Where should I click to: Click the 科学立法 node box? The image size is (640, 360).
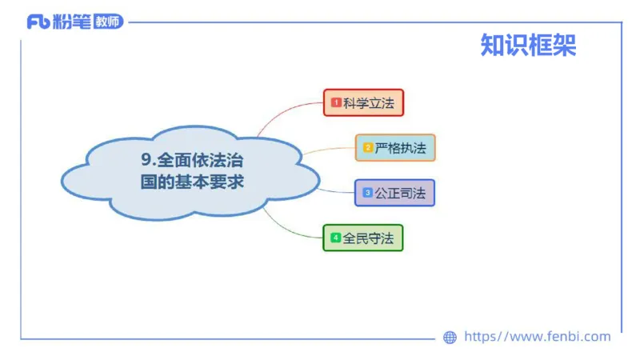pyautogui.click(x=363, y=102)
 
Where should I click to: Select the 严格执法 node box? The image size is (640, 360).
pyautogui.click(x=395, y=148)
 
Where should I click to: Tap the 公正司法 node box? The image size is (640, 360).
pyautogui.click(x=394, y=193)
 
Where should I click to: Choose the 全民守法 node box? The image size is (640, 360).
pyautogui.click(x=362, y=238)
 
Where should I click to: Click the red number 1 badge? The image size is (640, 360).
pyautogui.click(x=336, y=102)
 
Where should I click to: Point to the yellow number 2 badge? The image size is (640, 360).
pyautogui.click(x=368, y=148)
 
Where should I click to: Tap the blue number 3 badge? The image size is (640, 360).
pyautogui.click(x=367, y=193)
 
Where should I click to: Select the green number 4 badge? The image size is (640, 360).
pyautogui.click(x=335, y=238)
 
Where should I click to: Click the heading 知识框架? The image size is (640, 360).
pyautogui.click(x=528, y=46)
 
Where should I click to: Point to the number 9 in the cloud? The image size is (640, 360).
pyautogui.click(x=146, y=159)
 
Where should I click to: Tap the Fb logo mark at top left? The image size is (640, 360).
pyautogui.click(x=38, y=22)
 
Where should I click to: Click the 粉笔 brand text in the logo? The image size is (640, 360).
pyautogui.click(x=70, y=22)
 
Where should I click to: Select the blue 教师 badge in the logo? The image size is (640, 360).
pyautogui.click(x=108, y=22)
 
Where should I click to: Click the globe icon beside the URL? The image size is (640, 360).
pyautogui.click(x=450, y=338)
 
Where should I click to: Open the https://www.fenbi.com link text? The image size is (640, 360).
pyautogui.click(x=537, y=337)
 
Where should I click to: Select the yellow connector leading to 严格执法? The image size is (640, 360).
pyautogui.click(x=328, y=150)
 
